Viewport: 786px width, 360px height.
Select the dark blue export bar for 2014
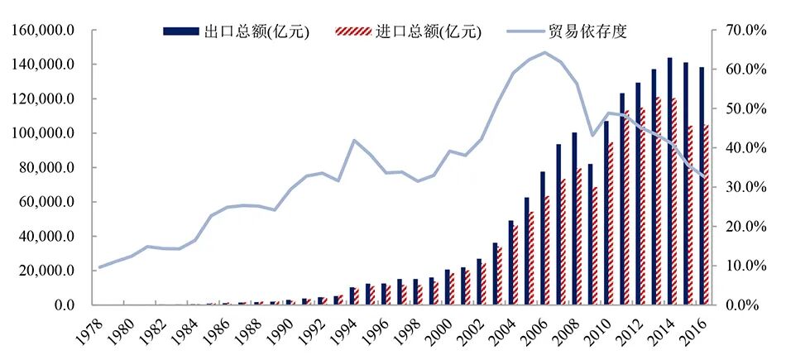pos(669,182)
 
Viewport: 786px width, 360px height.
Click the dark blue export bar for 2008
pos(574,219)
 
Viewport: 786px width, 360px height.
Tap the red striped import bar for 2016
pos(706,215)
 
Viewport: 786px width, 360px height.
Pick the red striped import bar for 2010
pos(611,223)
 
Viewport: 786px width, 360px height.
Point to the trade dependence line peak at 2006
pos(544,52)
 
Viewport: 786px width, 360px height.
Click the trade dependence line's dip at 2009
pos(592,136)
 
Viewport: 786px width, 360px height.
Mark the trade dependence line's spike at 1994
pos(354,140)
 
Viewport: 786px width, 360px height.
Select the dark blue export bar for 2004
pos(511,262)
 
